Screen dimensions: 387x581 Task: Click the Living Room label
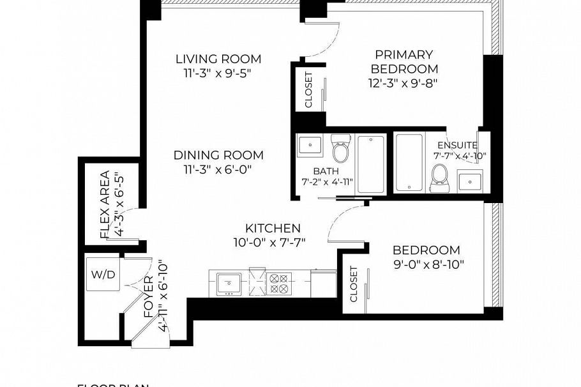coord(218,59)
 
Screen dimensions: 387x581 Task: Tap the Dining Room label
coord(218,155)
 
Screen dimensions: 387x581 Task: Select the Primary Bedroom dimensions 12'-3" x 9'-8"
coord(402,82)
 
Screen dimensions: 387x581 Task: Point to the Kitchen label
coord(273,228)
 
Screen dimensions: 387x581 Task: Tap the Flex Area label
coord(105,204)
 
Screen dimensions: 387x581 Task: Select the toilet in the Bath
coord(341,150)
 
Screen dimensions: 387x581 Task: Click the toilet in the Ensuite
coord(440,177)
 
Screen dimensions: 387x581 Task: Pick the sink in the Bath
coord(310,145)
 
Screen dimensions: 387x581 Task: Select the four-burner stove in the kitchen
coord(278,282)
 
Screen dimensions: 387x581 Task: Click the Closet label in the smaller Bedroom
coord(354,284)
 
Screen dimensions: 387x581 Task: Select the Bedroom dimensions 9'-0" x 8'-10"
coord(425,263)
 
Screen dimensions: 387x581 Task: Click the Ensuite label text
coord(457,146)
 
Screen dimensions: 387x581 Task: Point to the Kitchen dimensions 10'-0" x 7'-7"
coord(273,242)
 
